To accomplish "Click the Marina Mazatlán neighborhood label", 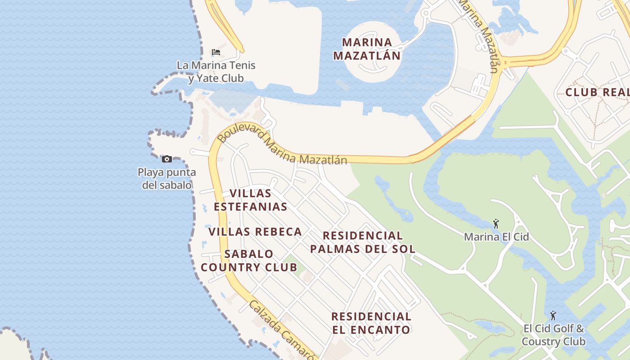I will [x=371, y=49].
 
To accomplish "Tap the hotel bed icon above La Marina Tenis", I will [x=216, y=52].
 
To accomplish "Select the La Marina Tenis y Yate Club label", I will [x=216, y=72].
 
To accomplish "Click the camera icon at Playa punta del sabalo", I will [x=167, y=159].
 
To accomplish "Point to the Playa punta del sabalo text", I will [x=166, y=179].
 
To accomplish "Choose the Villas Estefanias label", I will [x=251, y=200].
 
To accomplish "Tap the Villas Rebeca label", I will [x=255, y=232].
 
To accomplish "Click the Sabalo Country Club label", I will [x=249, y=261].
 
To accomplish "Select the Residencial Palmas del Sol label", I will [x=362, y=242].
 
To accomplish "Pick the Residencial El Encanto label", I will [x=371, y=323].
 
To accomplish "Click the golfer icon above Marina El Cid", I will [x=496, y=223].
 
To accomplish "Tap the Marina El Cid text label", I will [x=496, y=237].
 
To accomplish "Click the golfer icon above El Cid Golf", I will [x=553, y=315].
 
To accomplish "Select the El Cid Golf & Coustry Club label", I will [x=553, y=335].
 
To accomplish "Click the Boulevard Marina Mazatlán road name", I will [x=283, y=146].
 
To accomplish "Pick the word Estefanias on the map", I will [x=251, y=207].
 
